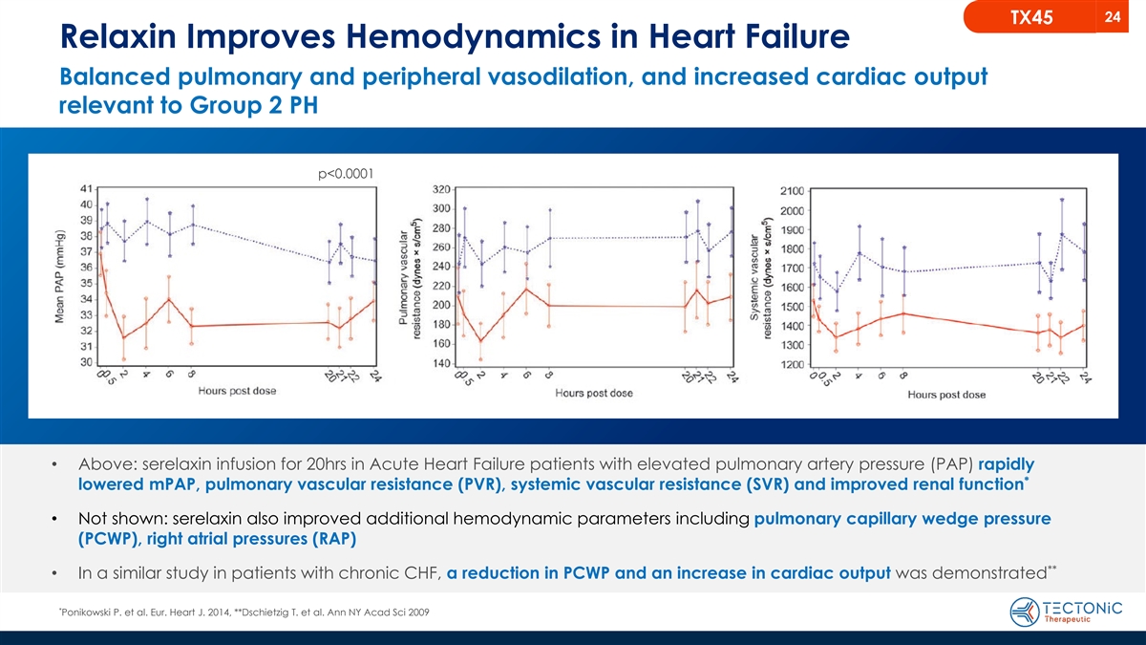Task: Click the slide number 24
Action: (x=1112, y=16)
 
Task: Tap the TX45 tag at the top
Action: (x=1057, y=17)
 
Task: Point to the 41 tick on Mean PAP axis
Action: (x=85, y=188)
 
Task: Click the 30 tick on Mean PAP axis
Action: (x=85, y=362)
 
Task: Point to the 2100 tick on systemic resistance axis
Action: (x=792, y=190)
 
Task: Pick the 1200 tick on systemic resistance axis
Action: (x=792, y=364)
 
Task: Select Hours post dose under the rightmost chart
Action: (x=946, y=395)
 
